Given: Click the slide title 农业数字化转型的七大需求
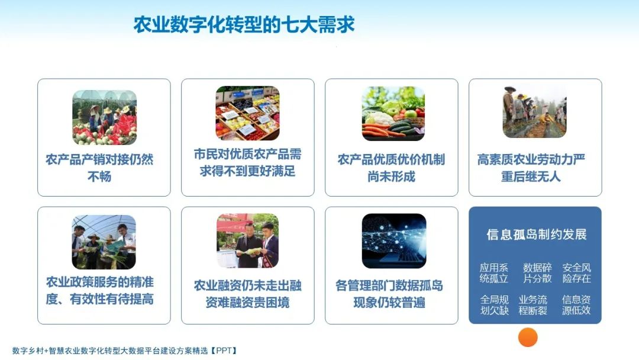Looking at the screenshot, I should point(244,25).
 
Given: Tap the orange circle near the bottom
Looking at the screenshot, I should point(528,337).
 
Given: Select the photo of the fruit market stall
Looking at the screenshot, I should point(247,113).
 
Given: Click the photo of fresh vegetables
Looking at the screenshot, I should point(393,113).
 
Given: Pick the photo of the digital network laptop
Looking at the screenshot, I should point(393,241).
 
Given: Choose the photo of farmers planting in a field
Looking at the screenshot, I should point(534,112).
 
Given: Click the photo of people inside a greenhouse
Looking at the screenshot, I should point(104,242).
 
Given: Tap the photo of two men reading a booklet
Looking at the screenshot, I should point(247,241).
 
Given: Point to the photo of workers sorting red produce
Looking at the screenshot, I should point(104,117).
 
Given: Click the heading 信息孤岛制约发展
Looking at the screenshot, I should point(536,234).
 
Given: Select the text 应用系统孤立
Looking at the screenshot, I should point(494,273).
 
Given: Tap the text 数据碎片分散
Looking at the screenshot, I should point(537,273).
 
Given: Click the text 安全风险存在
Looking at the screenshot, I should point(576,273).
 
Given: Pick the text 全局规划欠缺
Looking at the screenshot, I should point(494,305).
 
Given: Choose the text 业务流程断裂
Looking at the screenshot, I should point(533,305).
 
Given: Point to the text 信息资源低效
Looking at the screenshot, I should point(576,305).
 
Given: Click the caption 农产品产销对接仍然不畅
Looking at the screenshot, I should point(99,168).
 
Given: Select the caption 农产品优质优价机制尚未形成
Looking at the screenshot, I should point(391,168).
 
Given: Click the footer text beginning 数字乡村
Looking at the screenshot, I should point(125,351).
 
